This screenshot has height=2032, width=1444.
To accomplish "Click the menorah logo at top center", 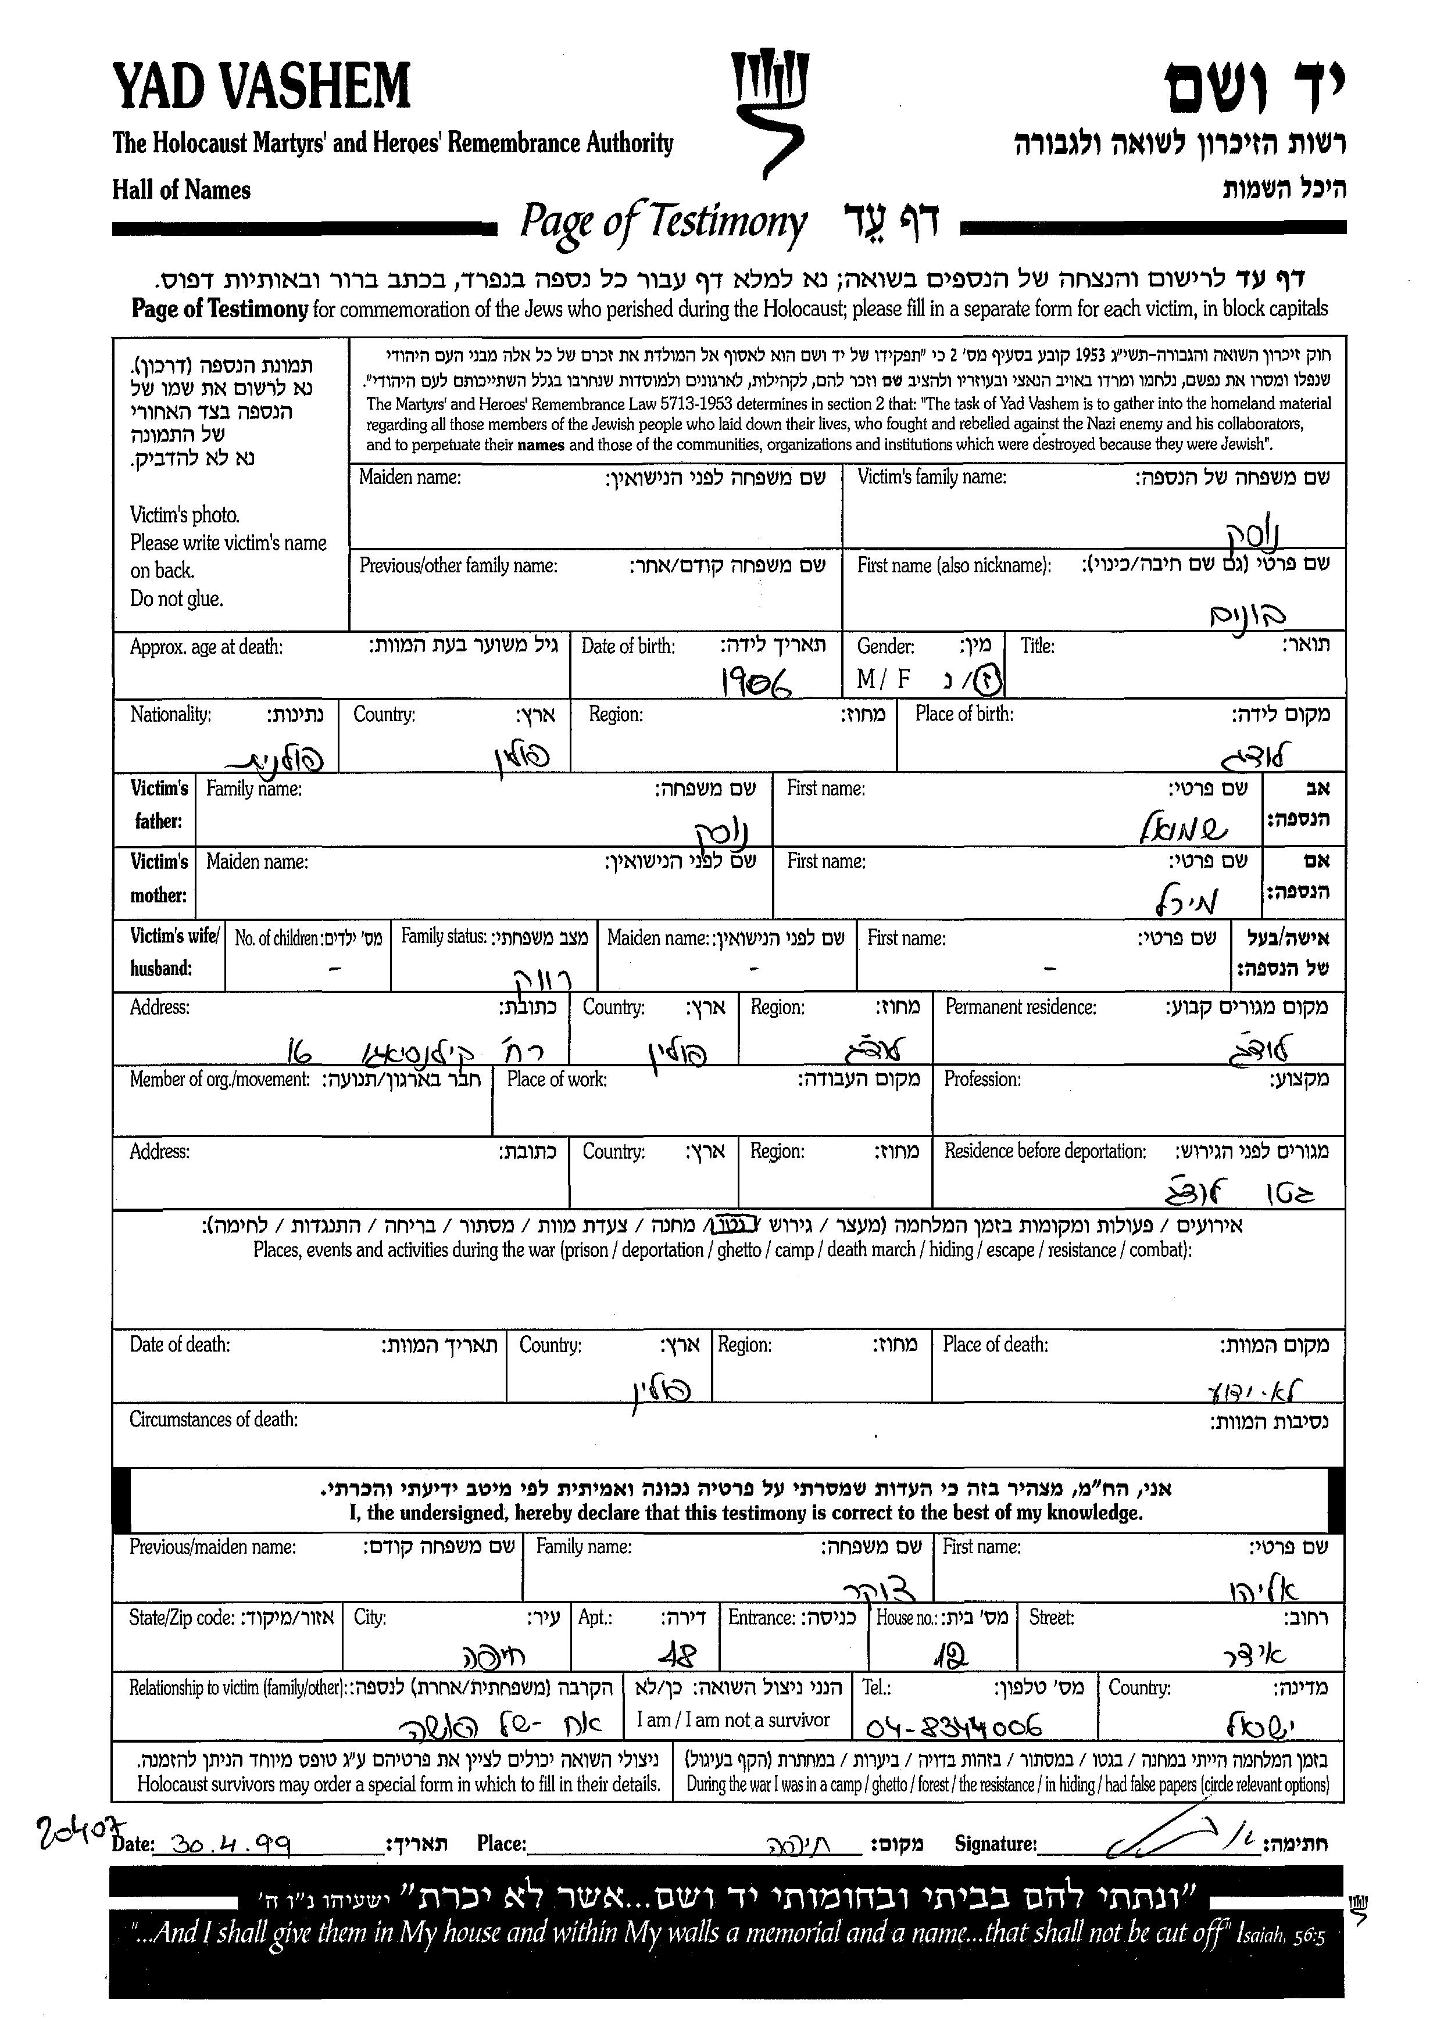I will point(769,111).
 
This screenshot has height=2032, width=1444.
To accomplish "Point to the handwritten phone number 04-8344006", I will point(952,1726).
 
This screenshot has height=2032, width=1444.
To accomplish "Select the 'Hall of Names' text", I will point(181,190).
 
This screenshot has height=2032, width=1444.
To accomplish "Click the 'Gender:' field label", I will point(885,646).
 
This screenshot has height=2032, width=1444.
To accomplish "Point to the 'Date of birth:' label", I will point(628,646).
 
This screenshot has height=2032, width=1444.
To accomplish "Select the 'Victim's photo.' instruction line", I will point(185,515).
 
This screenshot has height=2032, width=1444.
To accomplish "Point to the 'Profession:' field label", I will point(982,1079).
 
